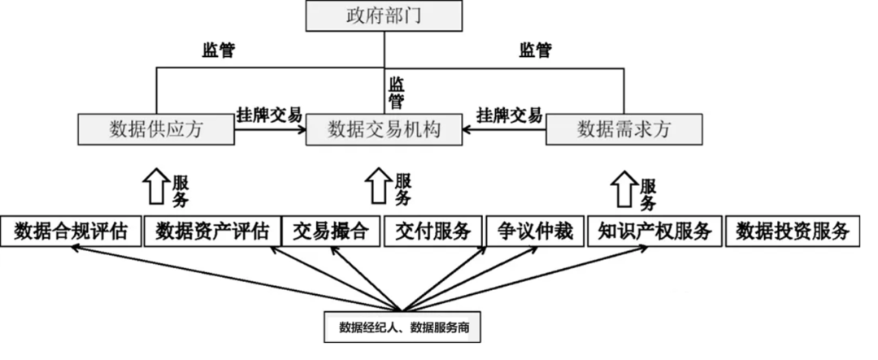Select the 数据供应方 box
[155, 129]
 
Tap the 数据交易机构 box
[384, 129]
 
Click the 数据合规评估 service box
[71, 232]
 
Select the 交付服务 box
[433, 232]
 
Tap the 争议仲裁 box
[534, 232]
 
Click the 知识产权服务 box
[654, 232]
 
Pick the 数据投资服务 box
[793, 232]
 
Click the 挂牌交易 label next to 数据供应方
[268, 113]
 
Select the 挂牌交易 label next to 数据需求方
[509, 114]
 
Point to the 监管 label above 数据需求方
[535, 50]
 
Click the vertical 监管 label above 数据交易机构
[397, 92]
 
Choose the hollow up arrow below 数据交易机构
[379, 186]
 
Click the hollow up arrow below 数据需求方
[624, 186]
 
